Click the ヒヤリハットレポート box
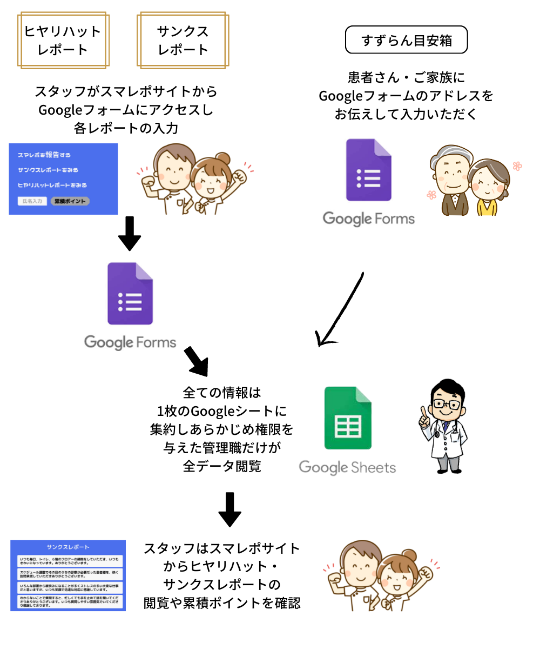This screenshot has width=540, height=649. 64,41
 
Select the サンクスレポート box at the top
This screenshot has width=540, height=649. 183,41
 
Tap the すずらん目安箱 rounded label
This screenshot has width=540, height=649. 406,41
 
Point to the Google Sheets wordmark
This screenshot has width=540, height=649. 347,467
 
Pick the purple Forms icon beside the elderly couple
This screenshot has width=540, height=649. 368,170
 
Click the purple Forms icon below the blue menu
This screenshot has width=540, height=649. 130,294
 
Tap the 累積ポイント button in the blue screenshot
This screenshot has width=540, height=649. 70,201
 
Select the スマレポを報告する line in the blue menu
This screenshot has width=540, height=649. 44,155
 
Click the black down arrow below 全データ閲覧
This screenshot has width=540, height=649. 230,509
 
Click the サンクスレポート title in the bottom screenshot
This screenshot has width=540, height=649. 68,547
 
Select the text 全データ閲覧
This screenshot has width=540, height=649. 222,466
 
